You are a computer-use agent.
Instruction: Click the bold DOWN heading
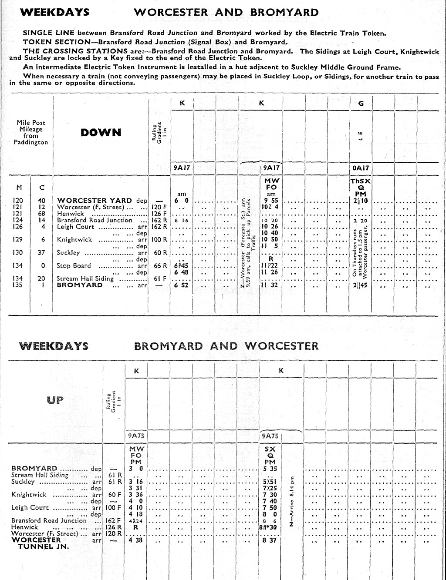pyautogui.click(x=101, y=133)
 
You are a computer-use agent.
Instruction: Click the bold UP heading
pyautogui.click(x=55, y=400)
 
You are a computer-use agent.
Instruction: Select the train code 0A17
pyautogui.click(x=361, y=168)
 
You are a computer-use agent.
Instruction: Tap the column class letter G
pyautogui.click(x=361, y=104)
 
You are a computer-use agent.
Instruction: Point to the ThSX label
pyautogui.click(x=361, y=181)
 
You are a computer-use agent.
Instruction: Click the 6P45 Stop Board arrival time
pyautogui.click(x=182, y=266)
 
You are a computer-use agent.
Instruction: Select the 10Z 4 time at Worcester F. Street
pyautogui.click(x=270, y=207)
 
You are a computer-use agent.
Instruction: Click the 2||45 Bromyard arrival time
pyautogui.click(x=361, y=285)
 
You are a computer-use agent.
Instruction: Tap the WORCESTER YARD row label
pyautogui.click(x=95, y=201)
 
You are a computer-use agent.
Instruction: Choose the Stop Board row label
pyautogui.click(x=74, y=266)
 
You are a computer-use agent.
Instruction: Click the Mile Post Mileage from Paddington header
pyautogui.click(x=30, y=133)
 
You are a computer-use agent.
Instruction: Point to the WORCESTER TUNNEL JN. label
pyautogui.click(x=40, y=543)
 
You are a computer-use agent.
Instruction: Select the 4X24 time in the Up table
pyautogui.click(x=135, y=521)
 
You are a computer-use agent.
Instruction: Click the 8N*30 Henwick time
pyautogui.click(x=270, y=527)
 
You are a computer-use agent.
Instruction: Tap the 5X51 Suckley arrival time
pyautogui.click(x=270, y=482)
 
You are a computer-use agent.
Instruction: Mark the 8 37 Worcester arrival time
pyautogui.click(x=270, y=540)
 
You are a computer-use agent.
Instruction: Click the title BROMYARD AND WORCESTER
pyautogui.click(x=226, y=346)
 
